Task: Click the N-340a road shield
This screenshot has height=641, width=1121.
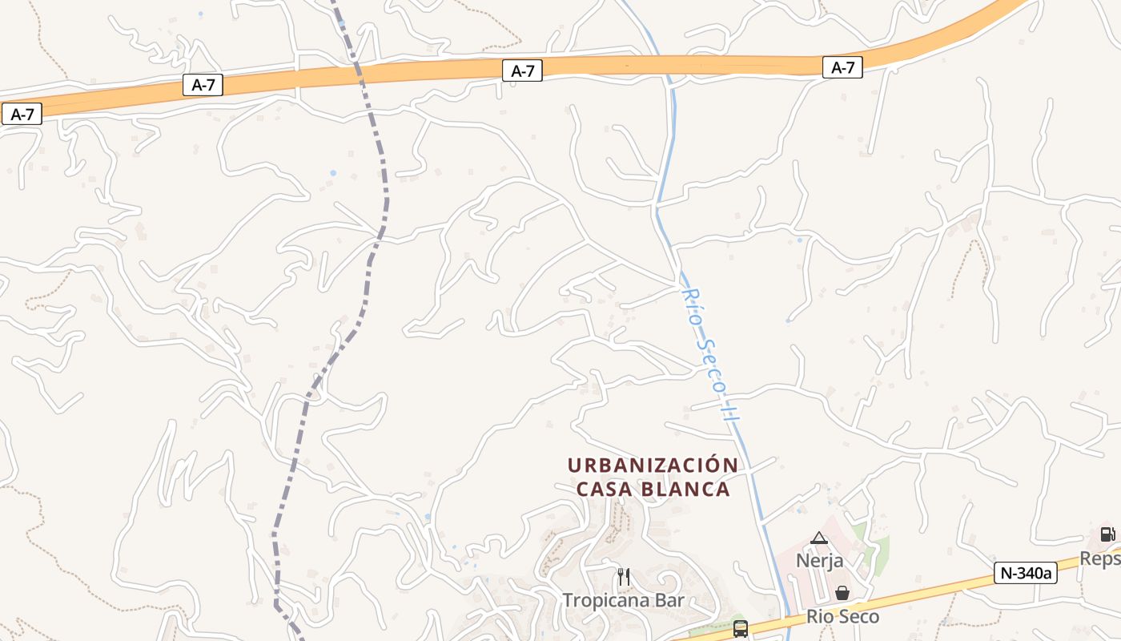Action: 1025,572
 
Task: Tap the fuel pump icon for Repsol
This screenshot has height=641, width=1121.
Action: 1107,534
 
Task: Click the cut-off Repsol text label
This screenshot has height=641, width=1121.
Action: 1100,558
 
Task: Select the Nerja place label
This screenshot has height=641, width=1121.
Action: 819,560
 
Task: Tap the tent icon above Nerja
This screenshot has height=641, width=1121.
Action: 818,538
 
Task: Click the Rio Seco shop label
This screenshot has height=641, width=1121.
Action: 842,616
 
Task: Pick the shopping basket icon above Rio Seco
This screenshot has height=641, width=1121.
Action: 842,593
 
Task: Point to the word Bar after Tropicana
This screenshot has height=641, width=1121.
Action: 669,599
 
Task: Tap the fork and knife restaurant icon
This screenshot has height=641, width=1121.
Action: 624,576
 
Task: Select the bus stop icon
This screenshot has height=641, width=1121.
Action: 740,628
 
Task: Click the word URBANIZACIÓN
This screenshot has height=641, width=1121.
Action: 652,465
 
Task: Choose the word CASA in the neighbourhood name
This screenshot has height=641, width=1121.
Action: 600,489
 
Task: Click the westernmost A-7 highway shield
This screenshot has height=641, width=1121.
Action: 22,114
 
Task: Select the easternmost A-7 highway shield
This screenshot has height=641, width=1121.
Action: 842,67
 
